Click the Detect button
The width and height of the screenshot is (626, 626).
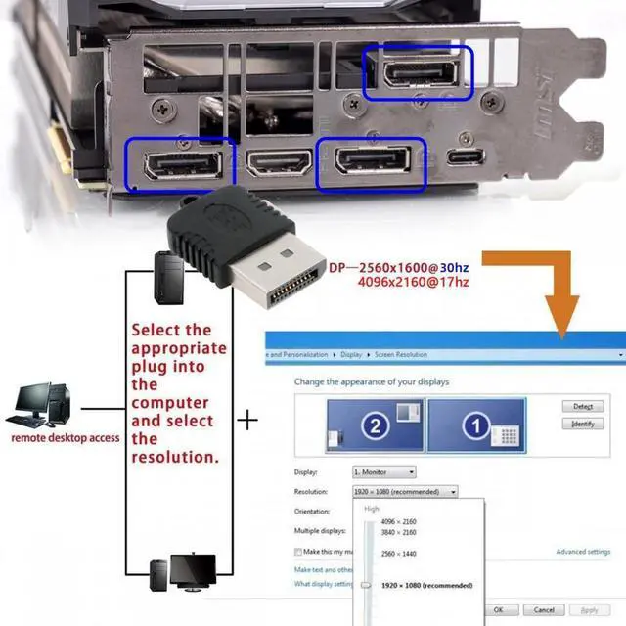point(583,406)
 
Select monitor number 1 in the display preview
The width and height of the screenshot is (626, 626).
point(476,425)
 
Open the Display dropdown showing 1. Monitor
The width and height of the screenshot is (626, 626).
point(383,472)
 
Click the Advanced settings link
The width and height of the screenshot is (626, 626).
point(583,552)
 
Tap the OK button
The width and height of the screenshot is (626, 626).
point(499,610)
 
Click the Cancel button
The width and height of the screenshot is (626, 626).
point(544,610)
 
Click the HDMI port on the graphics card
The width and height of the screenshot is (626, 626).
point(279,161)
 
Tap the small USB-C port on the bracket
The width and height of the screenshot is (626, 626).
point(464,157)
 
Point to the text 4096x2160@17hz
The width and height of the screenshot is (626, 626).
point(414,283)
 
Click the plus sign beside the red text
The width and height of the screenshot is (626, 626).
point(250,421)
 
